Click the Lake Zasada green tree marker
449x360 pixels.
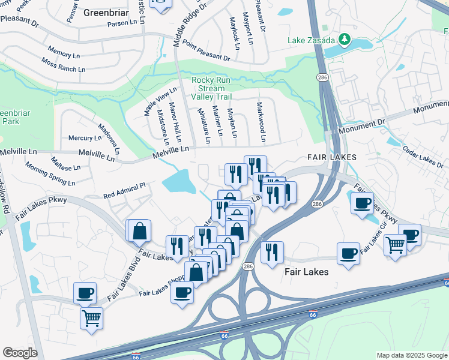[344, 40]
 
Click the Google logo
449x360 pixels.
[20, 352]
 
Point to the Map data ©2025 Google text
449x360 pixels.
[411, 355]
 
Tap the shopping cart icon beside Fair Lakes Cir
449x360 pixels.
[395, 245]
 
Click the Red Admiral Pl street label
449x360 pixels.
[124, 191]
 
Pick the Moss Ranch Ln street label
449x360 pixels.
[63, 65]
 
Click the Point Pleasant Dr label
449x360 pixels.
[206, 52]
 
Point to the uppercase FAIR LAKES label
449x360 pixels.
[331, 157]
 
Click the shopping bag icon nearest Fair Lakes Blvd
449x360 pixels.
[139, 231]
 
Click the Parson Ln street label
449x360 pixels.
[122, 23]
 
